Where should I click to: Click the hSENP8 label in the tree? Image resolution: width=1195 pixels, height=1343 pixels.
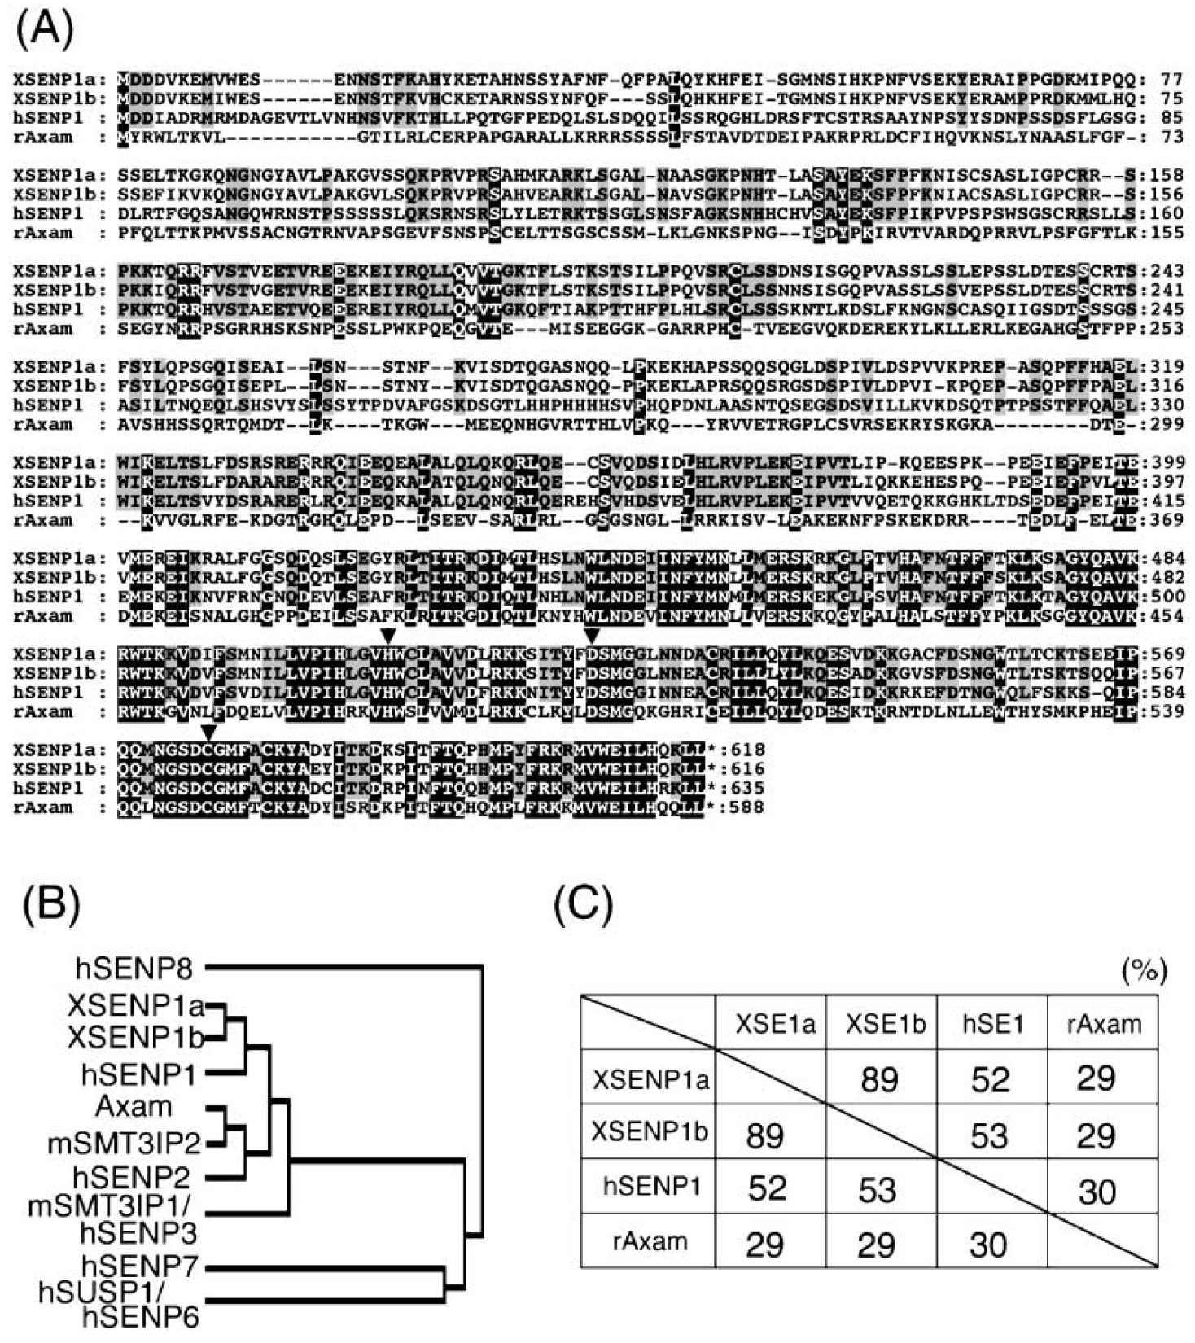pyautogui.click(x=134, y=969)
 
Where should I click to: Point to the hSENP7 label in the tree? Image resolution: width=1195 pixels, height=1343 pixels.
pyautogui.click(x=142, y=1266)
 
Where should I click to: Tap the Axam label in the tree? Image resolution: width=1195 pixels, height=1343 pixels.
pyautogui.click(x=134, y=1107)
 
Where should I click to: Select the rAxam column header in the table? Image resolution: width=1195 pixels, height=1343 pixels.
pyautogui.click(x=1104, y=1023)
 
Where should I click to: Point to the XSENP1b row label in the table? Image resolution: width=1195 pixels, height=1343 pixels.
pyautogui.click(x=650, y=1131)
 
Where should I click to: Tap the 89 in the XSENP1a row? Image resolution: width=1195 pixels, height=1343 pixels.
pyautogui.click(x=880, y=1079)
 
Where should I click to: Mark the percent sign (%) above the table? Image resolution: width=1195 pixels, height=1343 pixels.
pyautogui.click(x=1144, y=970)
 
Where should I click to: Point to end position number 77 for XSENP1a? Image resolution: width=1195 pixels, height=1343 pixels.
pyautogui.click(x=1171, y=79)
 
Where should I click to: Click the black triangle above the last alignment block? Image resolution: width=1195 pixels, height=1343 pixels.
pyautogui.click(x=210, y=731)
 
